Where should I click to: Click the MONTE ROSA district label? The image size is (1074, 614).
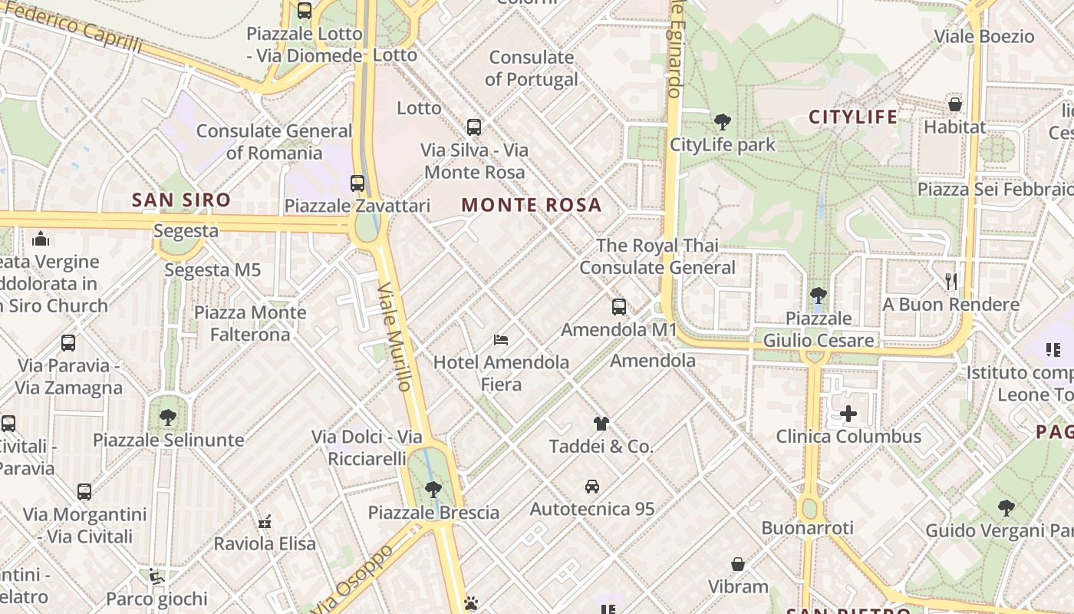(x=531, y=205)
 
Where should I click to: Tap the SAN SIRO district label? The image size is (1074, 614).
(x=181, y=200)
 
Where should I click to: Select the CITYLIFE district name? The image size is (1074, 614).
(x=853, y=117)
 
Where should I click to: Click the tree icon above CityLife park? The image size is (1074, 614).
(x=722, y=121)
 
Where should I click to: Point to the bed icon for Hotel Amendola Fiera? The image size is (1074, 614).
(x=501, y=339)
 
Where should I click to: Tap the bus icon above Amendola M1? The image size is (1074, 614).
(x=619, y=307)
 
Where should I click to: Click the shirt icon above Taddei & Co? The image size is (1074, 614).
(x=601, y=423)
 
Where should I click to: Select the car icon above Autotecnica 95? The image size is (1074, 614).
(x=592, y=486)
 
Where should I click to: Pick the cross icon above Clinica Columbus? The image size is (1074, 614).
(x=848, y=414)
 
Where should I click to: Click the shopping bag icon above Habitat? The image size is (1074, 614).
(x=955, y=104)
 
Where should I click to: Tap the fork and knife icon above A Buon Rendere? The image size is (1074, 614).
(x=951, y=282)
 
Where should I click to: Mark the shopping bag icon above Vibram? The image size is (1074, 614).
(x=738, y=565)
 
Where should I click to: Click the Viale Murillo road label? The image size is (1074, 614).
(x=395, y=336)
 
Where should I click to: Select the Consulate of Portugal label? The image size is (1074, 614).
(x=531, y=68)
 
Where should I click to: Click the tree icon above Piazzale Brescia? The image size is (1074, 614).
(x=433, y=489)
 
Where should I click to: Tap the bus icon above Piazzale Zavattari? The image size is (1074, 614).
(x=357, y=183)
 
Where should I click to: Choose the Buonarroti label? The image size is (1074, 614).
(x=807, y=528)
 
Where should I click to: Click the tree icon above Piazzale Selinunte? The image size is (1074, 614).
(x=168, y=418)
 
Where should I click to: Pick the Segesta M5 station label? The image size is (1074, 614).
(x=212, y=270)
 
